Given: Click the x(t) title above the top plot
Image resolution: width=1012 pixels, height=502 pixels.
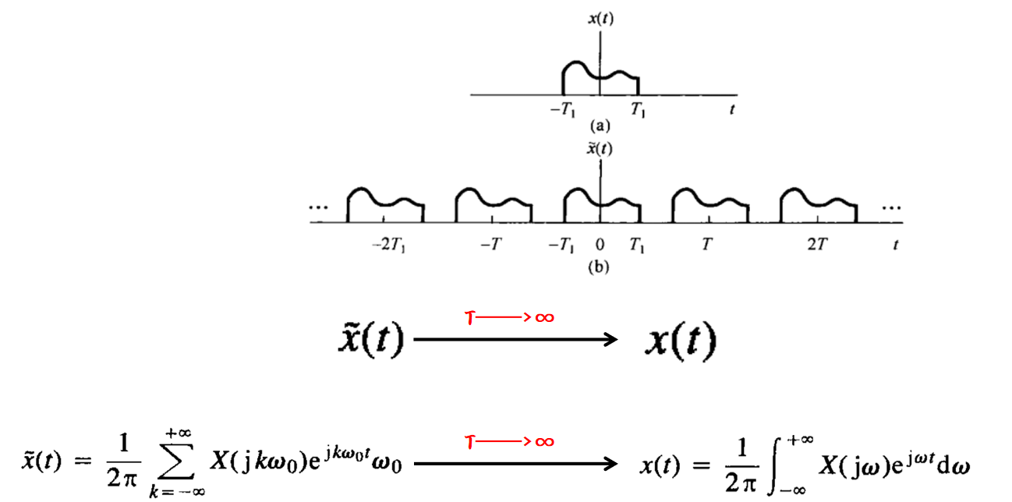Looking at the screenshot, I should point(600,20).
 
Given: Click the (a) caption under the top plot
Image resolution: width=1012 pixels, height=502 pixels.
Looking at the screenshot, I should point(600,124).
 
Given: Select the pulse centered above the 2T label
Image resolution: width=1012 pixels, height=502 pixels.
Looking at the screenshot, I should point(819,204).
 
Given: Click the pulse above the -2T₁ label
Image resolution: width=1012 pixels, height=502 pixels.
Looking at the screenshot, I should point(386,204).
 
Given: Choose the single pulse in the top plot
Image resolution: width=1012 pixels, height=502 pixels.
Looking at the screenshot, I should point(600,76).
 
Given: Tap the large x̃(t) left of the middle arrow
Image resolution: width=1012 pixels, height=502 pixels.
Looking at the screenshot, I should point(370,339).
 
